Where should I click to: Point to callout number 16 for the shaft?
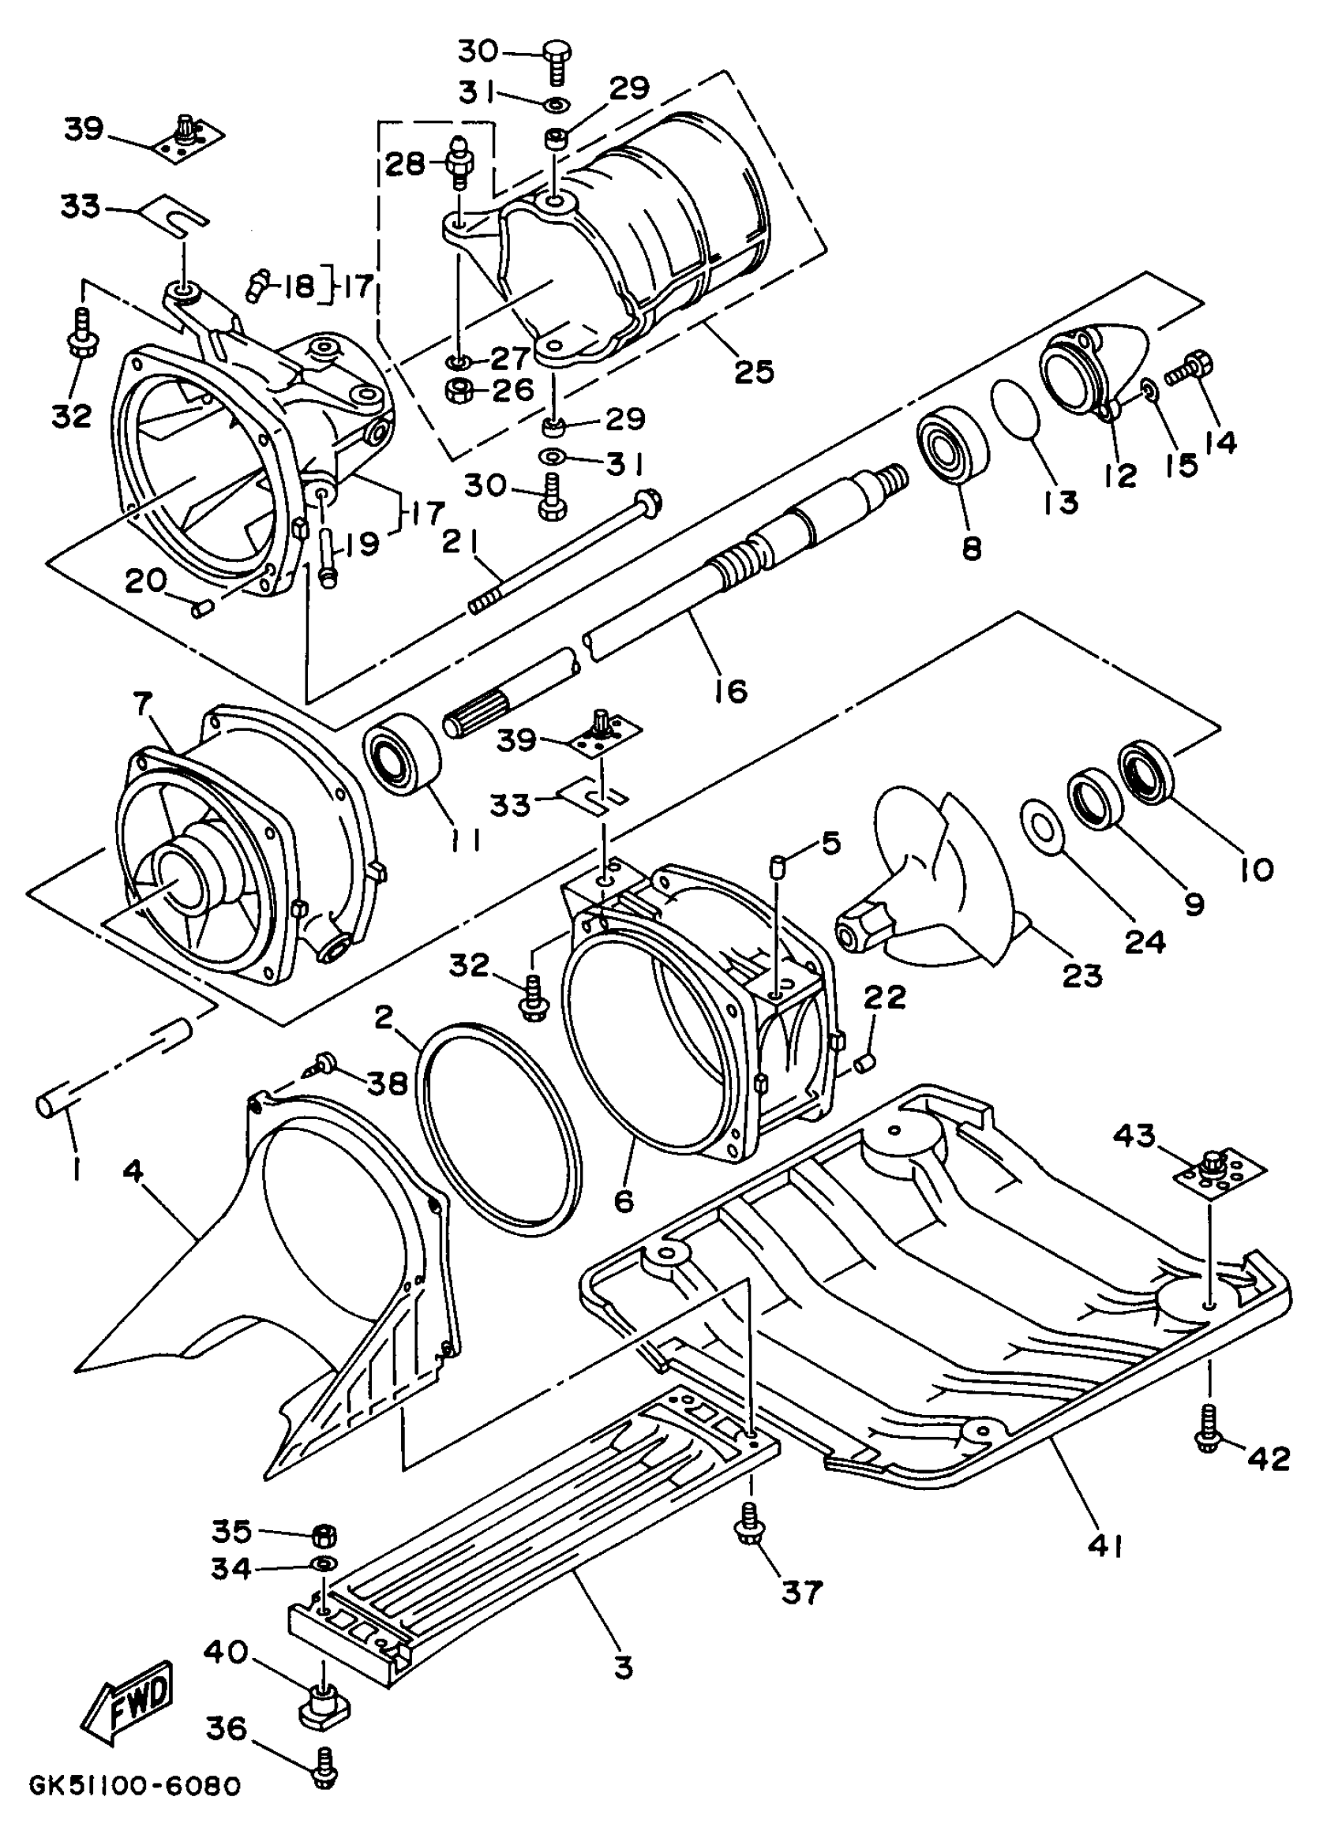click(730, 691)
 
